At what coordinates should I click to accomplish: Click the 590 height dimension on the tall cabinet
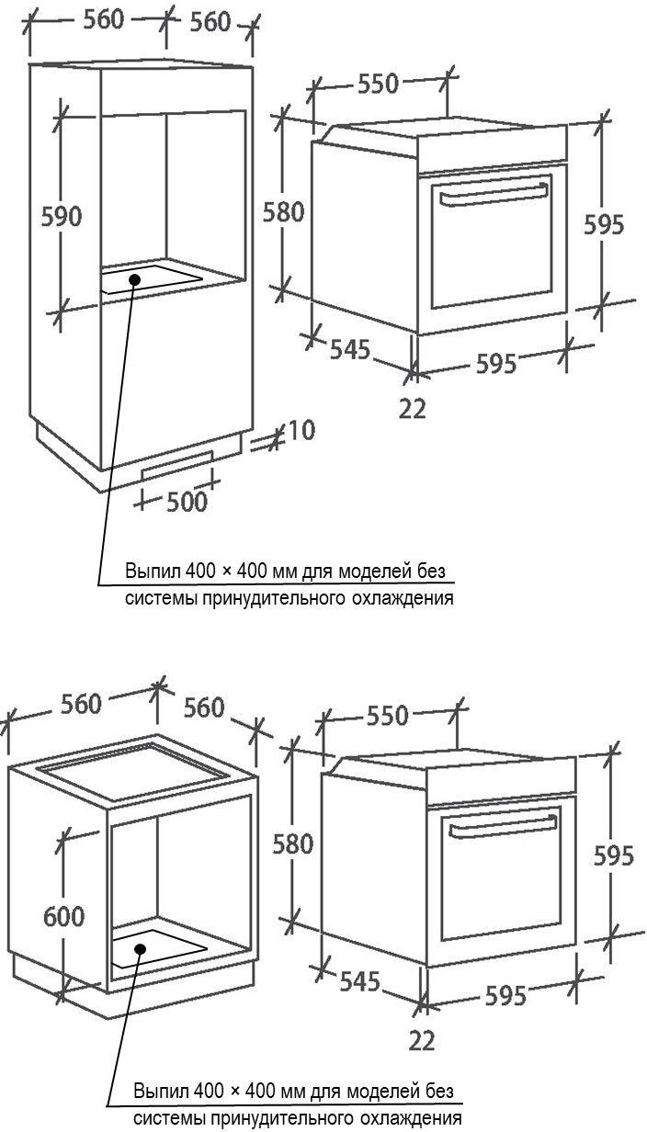(x=62, y=216)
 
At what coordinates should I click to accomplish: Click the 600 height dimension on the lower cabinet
(x=63, y=916)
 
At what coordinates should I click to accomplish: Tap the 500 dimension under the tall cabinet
(x=187, y=502)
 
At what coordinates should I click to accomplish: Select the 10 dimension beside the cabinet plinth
(x=301, y=430)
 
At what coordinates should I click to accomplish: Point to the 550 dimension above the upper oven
(x=378, y=84)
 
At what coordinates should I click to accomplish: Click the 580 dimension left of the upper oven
(x=284, y=212)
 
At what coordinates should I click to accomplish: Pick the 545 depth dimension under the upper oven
(x=350, y=349)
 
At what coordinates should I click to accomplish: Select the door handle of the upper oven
(x=494, y=195)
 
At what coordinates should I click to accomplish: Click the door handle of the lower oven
(x=503, y=827)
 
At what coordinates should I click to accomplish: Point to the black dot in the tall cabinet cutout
(x=134, y=279)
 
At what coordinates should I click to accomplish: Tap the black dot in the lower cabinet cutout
(x=141, y=949)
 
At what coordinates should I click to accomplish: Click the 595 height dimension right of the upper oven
(x=604, y=224)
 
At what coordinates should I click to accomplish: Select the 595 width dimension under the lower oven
(x=505, y=995)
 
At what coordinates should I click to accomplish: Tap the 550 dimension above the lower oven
(x=387, y=716)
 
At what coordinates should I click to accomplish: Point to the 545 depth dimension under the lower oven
(x=360, y=981)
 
